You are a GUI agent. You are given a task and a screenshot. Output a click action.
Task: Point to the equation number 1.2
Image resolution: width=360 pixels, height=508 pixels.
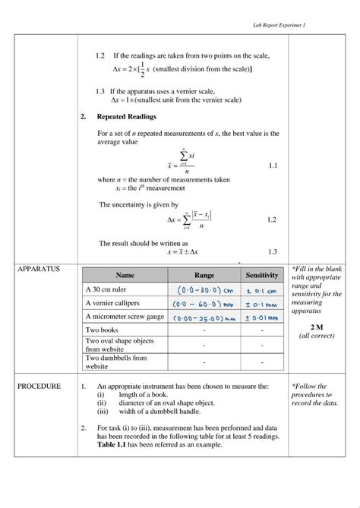click(x=272, y=219)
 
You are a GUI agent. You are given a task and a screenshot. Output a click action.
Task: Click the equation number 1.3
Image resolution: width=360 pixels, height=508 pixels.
click(x=273, y=251)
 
